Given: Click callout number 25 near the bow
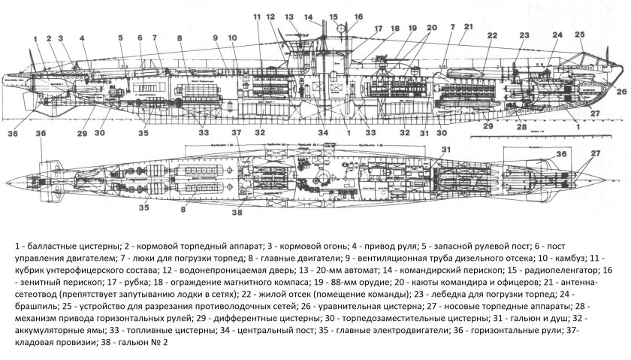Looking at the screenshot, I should (579, 35).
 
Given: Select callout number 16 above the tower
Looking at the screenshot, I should (358, 17).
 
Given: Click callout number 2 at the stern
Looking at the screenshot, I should (47, 37).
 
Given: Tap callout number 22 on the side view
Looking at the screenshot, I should (492, 35).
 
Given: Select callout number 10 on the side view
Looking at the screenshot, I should (231, 37).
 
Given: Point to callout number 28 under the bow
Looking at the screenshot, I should (521, 129).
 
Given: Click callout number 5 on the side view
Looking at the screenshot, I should (119, 37).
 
